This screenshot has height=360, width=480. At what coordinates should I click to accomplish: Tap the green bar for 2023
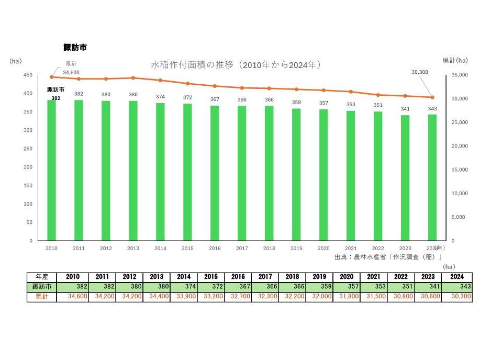(405, 177)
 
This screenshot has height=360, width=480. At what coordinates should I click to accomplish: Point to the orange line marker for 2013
(133, 78)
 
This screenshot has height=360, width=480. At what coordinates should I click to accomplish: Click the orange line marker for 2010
(52, 77)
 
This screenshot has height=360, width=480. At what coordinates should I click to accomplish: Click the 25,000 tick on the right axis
(459, 122)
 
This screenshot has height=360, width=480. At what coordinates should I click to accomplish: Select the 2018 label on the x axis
(269, 249)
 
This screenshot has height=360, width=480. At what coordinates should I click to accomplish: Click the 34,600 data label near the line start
(71, 72)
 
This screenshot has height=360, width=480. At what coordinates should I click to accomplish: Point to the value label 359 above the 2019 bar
(296, 103)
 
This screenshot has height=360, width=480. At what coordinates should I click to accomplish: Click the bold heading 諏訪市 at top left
(75, 47)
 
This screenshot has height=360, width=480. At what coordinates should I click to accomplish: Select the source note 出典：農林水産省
(388, 257)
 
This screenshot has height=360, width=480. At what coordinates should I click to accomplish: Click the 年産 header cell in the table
(43, 277)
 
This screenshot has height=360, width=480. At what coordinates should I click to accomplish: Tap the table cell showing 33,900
(183, 297)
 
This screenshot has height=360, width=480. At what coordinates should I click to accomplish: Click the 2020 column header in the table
(346, 277)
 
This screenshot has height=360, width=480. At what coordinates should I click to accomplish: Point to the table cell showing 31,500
(373, 297)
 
